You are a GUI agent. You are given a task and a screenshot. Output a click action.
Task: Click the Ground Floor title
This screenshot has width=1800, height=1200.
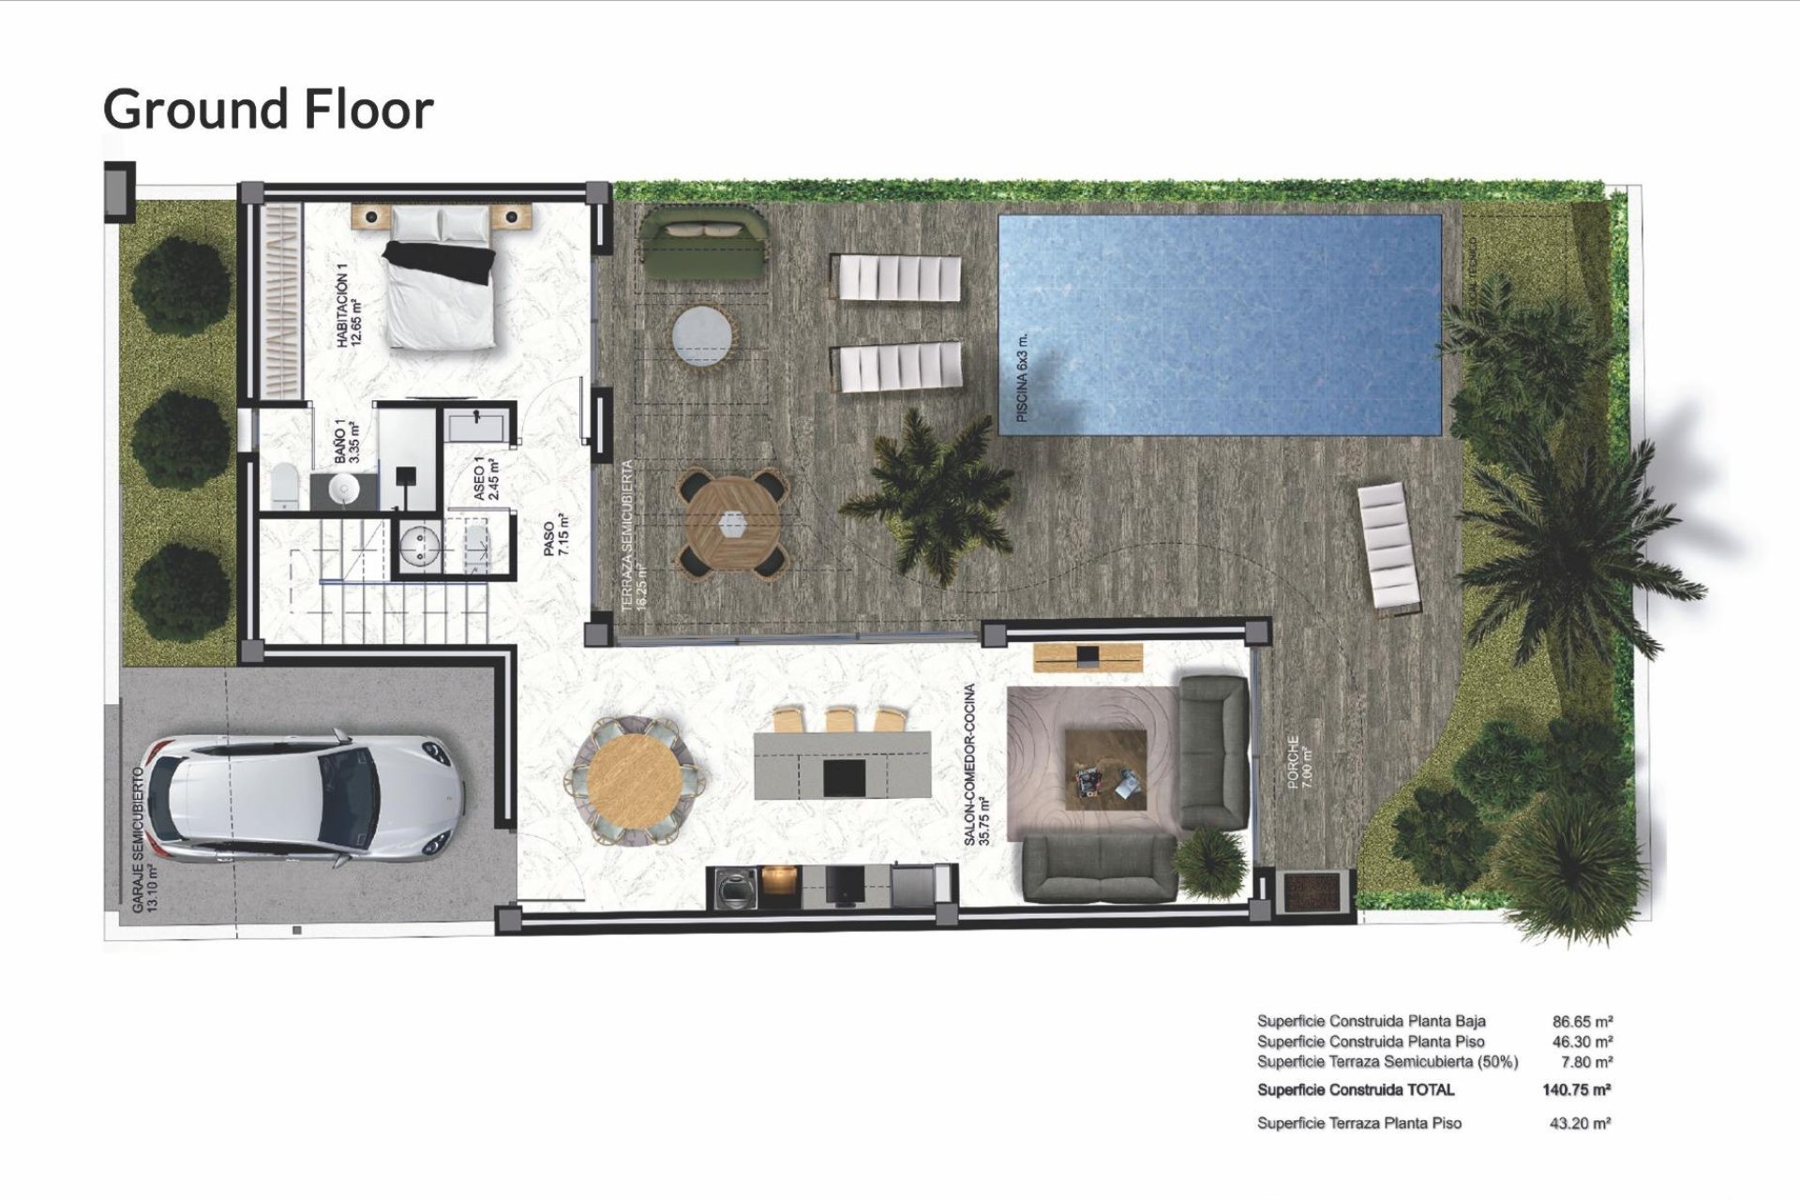coord(268,109)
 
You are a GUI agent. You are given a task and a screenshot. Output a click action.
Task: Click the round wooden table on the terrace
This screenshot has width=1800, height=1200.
coord(731,524)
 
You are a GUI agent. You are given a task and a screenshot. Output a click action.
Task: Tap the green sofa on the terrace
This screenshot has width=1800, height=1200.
coord(702,243)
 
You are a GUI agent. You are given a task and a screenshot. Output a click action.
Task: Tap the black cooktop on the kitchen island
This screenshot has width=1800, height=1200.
coord(844,776)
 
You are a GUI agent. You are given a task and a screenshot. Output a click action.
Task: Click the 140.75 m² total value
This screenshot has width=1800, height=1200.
coord(1576,1089)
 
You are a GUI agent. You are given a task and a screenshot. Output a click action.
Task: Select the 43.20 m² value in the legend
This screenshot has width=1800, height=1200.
coord(1580,1122)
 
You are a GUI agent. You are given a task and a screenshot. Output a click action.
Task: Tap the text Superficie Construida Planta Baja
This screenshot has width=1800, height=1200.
coord(1371,1021)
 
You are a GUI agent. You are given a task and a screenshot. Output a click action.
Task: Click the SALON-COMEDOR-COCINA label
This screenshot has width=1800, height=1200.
coord(976,764)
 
